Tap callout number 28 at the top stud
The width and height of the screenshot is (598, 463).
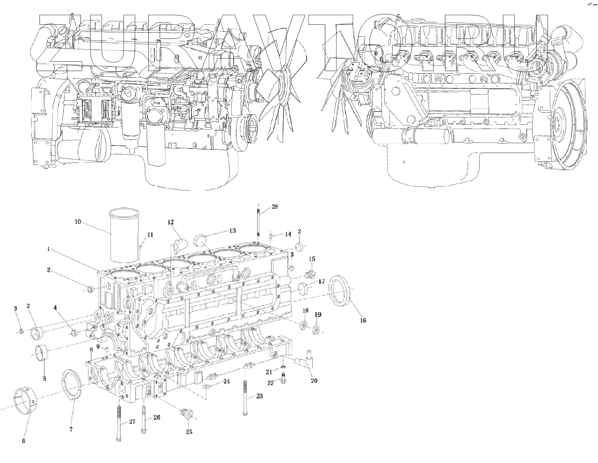coord(275,206)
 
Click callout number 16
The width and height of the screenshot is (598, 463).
coord(363,320)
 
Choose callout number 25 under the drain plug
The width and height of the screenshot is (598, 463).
coord(189,432)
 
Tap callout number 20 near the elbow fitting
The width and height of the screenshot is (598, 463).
coord(314,381)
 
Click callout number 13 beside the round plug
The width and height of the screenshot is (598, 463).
coord(232,231)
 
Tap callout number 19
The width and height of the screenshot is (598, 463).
coord(318,315)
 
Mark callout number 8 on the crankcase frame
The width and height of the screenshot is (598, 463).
coord(91,349)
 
